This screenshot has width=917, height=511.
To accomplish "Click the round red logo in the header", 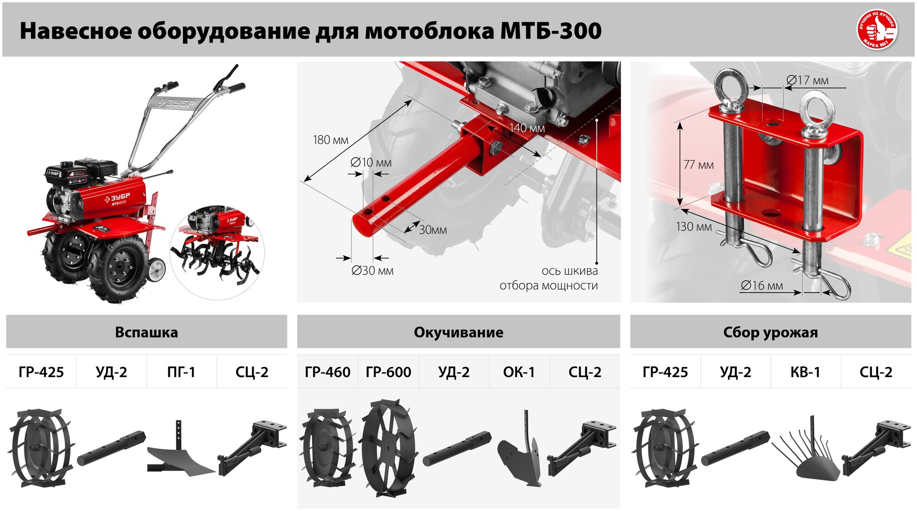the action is [x=877, y=30].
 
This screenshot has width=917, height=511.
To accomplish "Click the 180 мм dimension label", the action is [x=330, y=140].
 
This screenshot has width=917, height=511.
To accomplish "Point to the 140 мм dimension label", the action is [x=527, y=128].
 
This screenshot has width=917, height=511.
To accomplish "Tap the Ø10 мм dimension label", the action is [x=370, y=162].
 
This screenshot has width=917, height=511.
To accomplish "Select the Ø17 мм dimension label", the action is [x=807, y=80].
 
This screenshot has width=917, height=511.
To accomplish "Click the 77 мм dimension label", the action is [x=698, y=165].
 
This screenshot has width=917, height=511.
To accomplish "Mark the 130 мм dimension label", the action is [x=694, y=227].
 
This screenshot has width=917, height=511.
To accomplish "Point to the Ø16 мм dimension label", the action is [x=762, y=285].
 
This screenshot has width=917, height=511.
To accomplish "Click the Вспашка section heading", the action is [x=146, y=332].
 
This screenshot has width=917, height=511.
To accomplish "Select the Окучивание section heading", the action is [x=458, y=332].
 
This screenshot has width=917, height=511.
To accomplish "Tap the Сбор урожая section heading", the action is [x=770, y=332].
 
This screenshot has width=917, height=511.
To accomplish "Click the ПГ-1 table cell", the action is [x=181, y=372].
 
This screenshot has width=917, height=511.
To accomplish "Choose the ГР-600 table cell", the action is [x=388, y=372].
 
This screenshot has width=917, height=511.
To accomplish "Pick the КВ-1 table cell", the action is [x=805, y=372].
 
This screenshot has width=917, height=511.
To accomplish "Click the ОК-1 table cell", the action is [x=519, y=372].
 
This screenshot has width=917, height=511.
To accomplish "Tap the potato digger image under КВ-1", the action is [x=809, y=454].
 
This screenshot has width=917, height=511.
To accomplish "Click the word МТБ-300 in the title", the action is [x=550, y=31].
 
